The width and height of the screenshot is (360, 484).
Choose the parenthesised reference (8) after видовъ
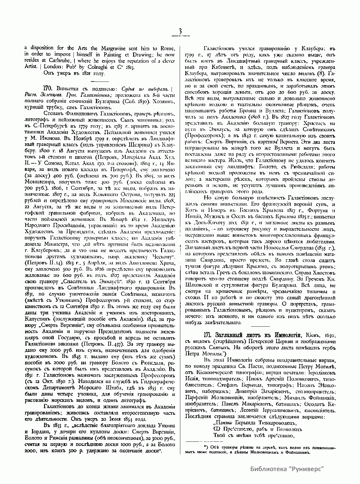click(x=323, y=73)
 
